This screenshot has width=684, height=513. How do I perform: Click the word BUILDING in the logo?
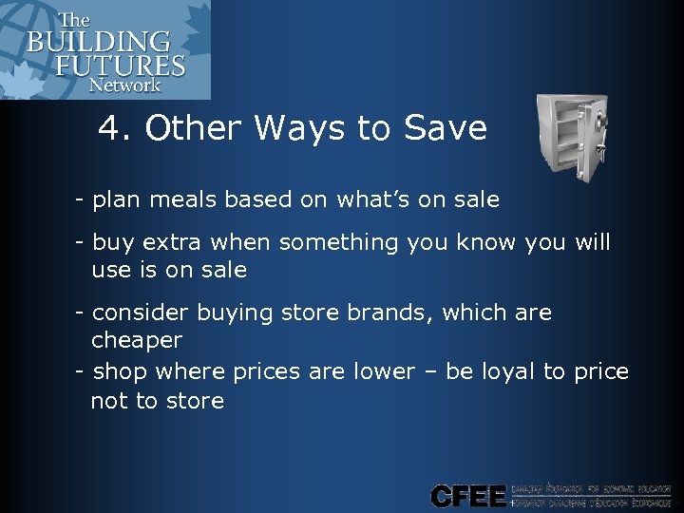click(x=99, y=43)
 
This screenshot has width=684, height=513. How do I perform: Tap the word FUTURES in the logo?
click(x=120, y=66)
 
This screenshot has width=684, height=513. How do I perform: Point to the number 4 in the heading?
click(x=108, y=129)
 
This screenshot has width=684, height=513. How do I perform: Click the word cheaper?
click(x=137, y=340)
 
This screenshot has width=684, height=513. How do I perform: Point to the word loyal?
click(x=507, y=371)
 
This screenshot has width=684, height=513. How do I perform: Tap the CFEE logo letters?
click(x=467, y=495)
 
